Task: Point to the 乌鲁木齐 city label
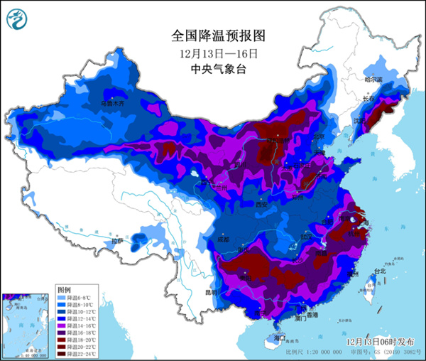click(116, 102)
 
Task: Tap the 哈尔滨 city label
click(373, 80)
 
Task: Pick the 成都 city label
click(225, 239)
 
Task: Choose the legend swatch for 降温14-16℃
click(61, 325)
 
